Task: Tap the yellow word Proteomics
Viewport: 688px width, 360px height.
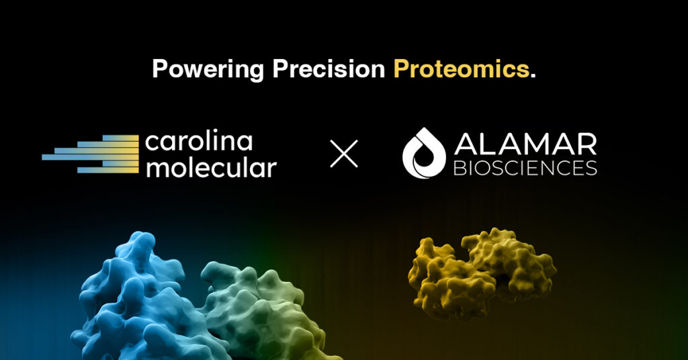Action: coord(461,69)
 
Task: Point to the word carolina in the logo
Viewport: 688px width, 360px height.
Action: coord(199,142)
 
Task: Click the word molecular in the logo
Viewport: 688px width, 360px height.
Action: coord(211,167)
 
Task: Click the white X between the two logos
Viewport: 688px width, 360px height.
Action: coord(344,154)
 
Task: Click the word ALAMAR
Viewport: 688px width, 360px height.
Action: coord(525,144)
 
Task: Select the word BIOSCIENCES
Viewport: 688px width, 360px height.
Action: coord(525,168)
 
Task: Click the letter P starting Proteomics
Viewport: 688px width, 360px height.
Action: coord(400,69)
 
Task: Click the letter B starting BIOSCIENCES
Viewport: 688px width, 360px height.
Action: coord(459,168)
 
